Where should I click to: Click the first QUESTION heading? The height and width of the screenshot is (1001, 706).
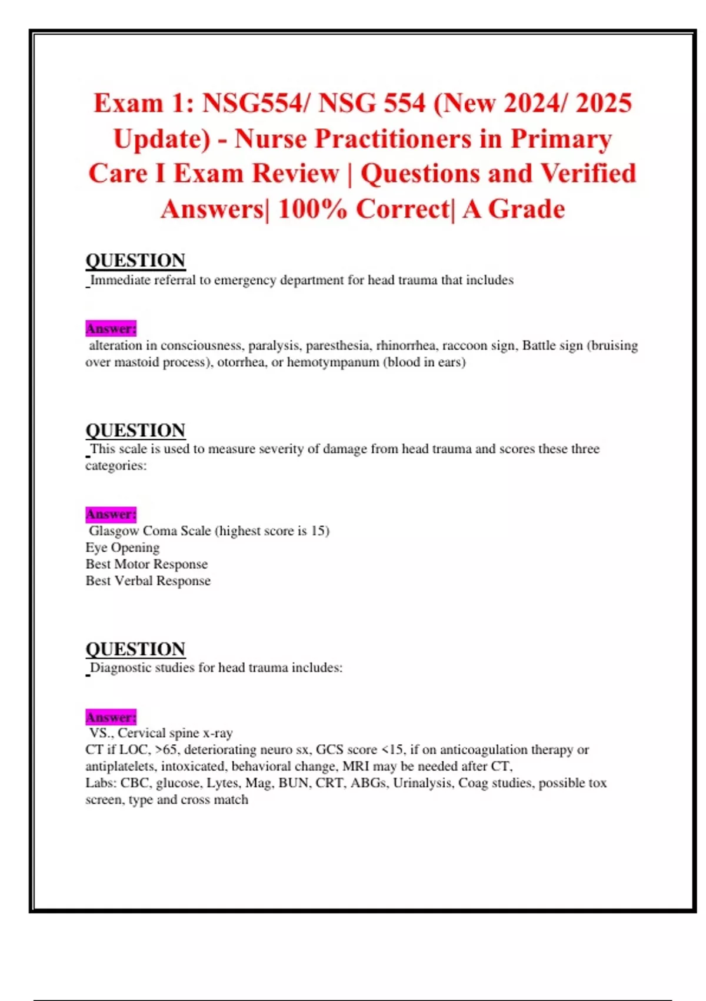(x=135, y=260)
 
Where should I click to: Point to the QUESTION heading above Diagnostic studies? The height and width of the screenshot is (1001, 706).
(x=135, y=649)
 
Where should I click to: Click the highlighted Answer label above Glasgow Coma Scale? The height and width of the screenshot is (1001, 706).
(x=111, y=514)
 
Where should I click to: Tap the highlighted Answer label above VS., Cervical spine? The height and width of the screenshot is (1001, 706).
(x=111, y=717)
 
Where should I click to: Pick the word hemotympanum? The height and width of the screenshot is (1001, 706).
(x=333, y=362)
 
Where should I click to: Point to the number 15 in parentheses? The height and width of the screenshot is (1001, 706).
(x=318, y=531)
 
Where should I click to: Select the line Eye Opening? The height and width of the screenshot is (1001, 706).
(x=122, y=548)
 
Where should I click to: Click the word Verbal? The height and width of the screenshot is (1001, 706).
(x=133, y=581)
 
